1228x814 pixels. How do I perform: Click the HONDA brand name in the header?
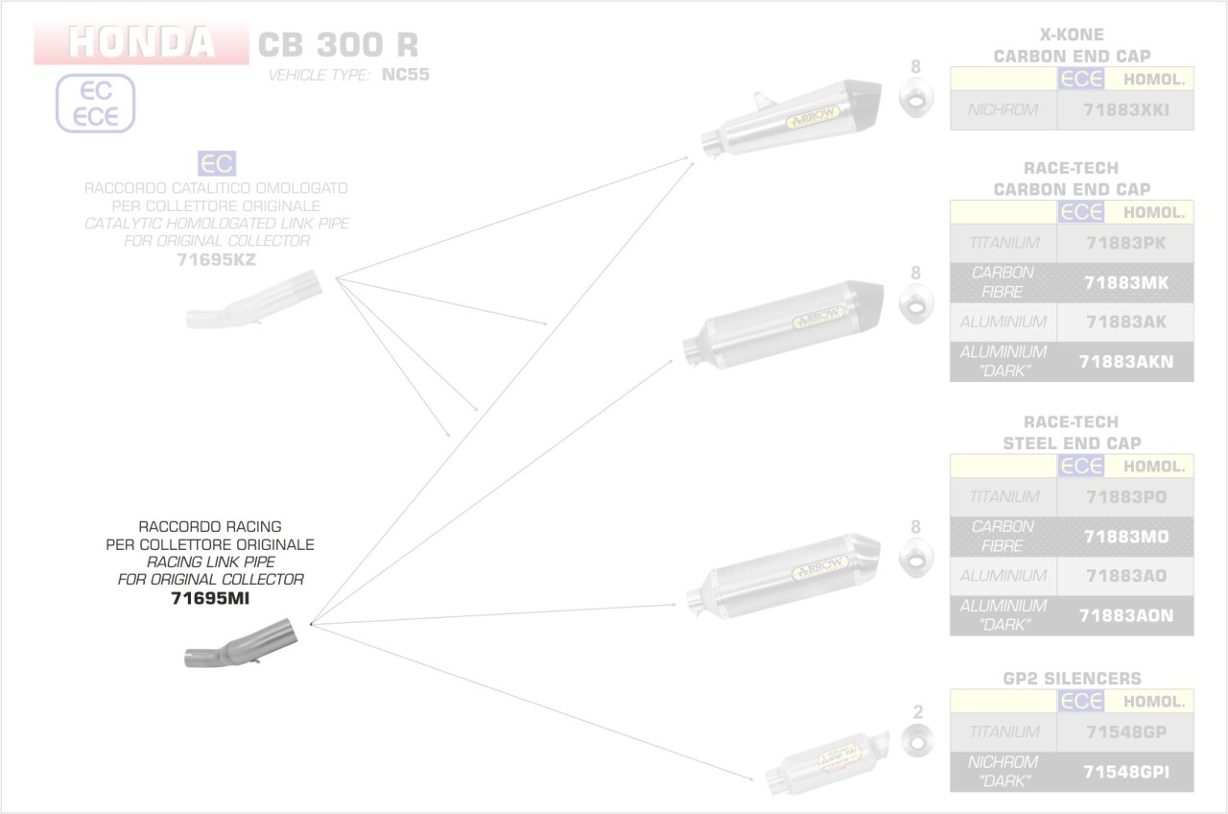141,42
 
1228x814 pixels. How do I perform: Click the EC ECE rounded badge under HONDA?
95,104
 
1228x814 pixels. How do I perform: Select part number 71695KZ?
216,259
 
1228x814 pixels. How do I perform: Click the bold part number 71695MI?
216,599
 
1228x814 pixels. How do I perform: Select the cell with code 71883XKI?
1125,110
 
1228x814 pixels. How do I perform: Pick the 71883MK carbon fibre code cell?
1125,283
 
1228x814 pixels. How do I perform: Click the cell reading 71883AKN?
1125,362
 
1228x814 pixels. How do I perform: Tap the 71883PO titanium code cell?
1125,497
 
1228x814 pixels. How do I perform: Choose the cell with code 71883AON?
1125,615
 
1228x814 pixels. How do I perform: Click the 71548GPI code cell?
1125,772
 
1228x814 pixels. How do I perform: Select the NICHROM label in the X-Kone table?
1003,110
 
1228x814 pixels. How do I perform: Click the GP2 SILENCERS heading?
1072,679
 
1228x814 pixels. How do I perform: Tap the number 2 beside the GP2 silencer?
917,712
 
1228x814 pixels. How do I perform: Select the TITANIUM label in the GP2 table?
1003,732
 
